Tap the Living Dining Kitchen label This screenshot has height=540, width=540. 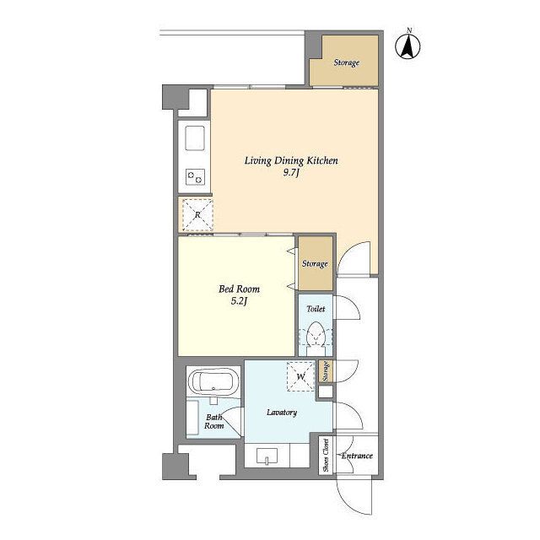coord(291,161)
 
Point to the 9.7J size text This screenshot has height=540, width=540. coord(291,173)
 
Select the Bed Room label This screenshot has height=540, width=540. coord(239,289)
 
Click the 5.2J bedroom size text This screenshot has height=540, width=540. coord(239,301)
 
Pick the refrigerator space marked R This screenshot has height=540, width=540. coord(197,215)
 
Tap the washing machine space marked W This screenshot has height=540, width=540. coord(300,376)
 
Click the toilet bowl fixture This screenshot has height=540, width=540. coord(316,337)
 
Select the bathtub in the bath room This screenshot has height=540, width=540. coord(213,382)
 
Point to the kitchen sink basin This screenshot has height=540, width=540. coord(195,138)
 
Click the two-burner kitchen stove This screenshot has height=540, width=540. coord(195,177)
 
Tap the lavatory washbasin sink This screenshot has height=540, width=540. coord(267,456)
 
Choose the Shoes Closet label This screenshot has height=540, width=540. coord(326,456)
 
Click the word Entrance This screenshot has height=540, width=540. coord(357,456)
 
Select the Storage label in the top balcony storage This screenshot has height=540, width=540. coord(347,62)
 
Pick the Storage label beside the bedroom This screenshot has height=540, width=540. coord(315,264)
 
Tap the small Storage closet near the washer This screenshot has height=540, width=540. coord(326,371)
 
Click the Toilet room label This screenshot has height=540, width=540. coord(316,309)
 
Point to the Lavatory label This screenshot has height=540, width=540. coord(282,413)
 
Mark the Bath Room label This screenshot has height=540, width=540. coord(213,422)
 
